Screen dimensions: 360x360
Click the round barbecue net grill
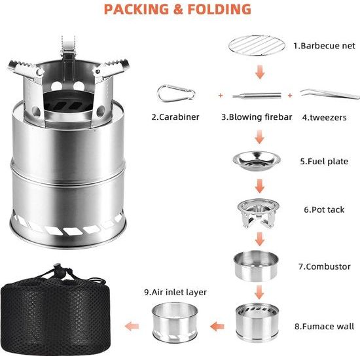coord(256,46)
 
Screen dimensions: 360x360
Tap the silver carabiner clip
coord(176,94)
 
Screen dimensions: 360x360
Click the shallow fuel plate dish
coord(256,159)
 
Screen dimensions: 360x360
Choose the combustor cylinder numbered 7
coord(256,264)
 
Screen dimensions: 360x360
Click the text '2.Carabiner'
coord(175,117)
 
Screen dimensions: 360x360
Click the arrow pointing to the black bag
coord(134,325)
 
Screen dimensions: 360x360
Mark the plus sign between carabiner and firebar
coord(220,95)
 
